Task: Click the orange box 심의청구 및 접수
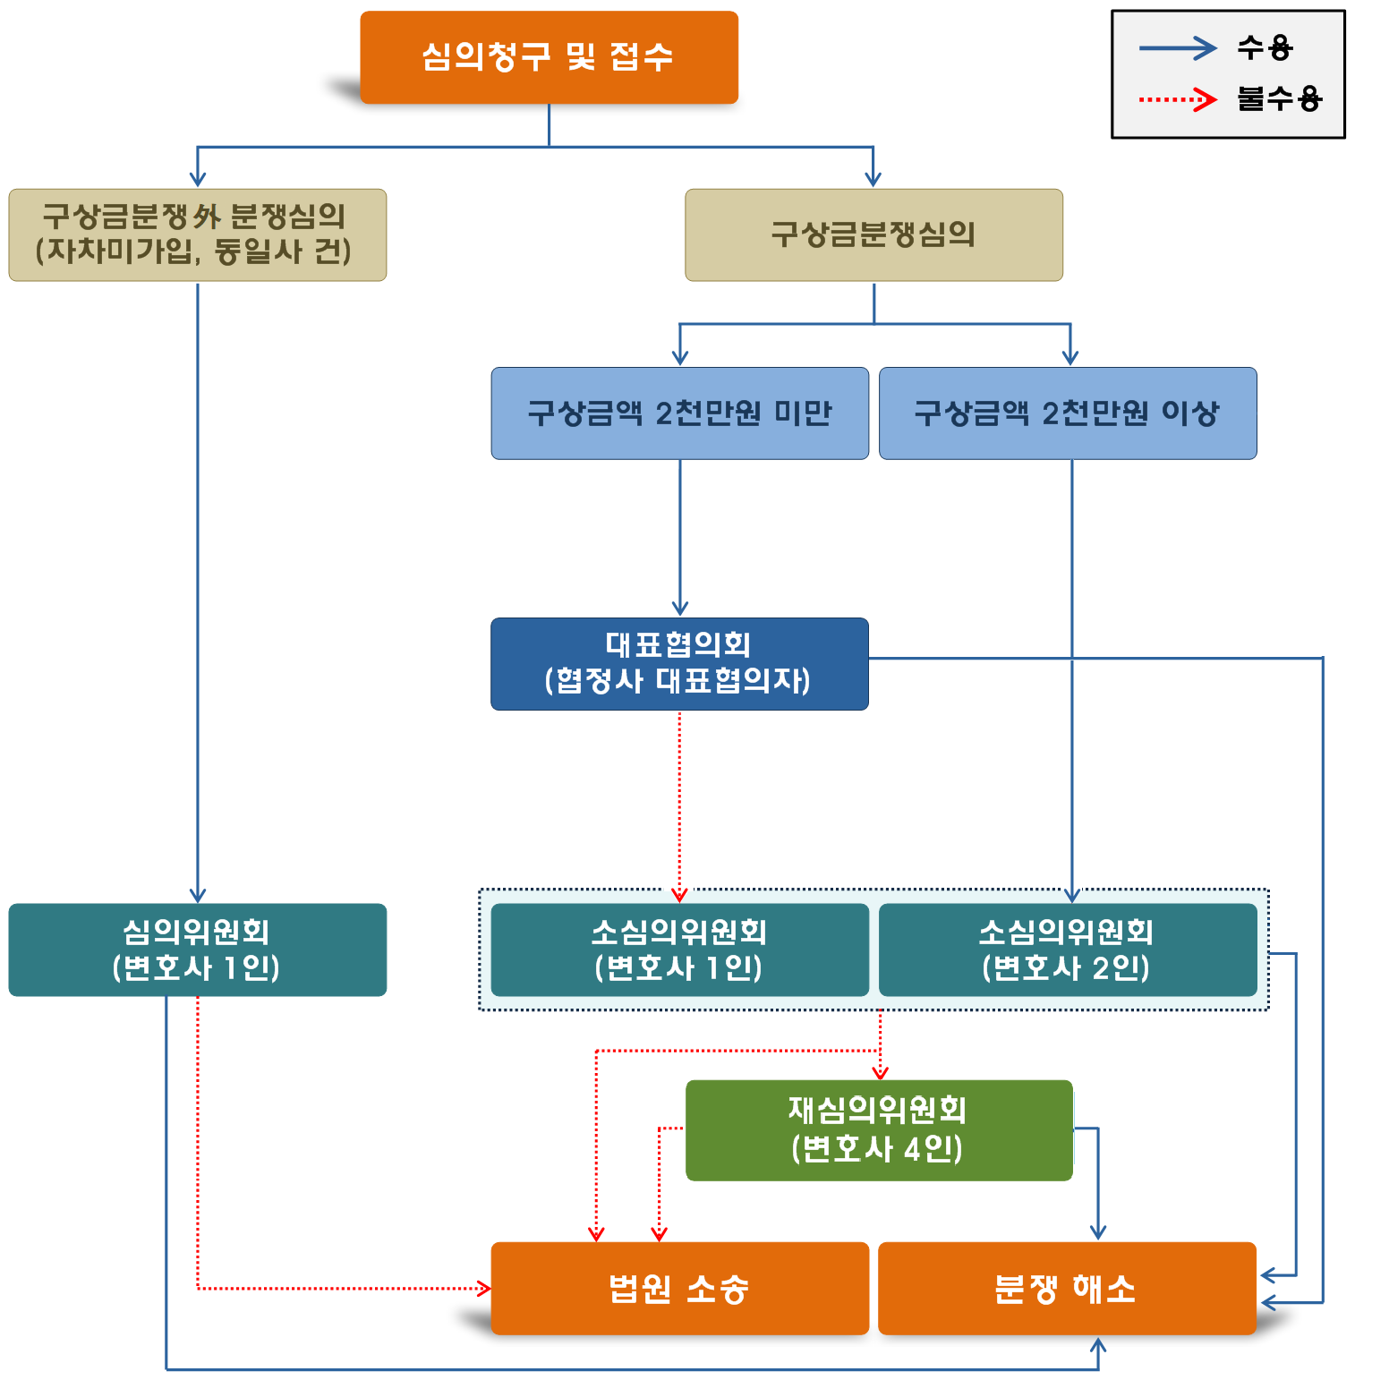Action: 549,57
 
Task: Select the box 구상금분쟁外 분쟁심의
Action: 197,234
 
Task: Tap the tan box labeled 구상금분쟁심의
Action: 873,234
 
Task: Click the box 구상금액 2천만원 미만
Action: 679,413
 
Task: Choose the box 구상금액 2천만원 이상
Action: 1068,413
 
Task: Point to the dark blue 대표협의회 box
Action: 679,663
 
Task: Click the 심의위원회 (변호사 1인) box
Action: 197,950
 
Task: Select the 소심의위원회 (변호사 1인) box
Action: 679,950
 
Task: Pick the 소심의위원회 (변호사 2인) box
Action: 1068,950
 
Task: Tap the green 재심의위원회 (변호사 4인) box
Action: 878,1129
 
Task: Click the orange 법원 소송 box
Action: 679,1288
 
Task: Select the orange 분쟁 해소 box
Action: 1067,1288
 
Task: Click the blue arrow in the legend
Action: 1177,47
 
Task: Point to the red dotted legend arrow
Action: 1177,98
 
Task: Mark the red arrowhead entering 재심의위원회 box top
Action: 880,1072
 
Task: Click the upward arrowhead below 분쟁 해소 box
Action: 1098,1344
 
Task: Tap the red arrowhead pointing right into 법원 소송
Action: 484,1289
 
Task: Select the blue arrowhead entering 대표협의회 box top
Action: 679,609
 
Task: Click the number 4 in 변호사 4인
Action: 912,1148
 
